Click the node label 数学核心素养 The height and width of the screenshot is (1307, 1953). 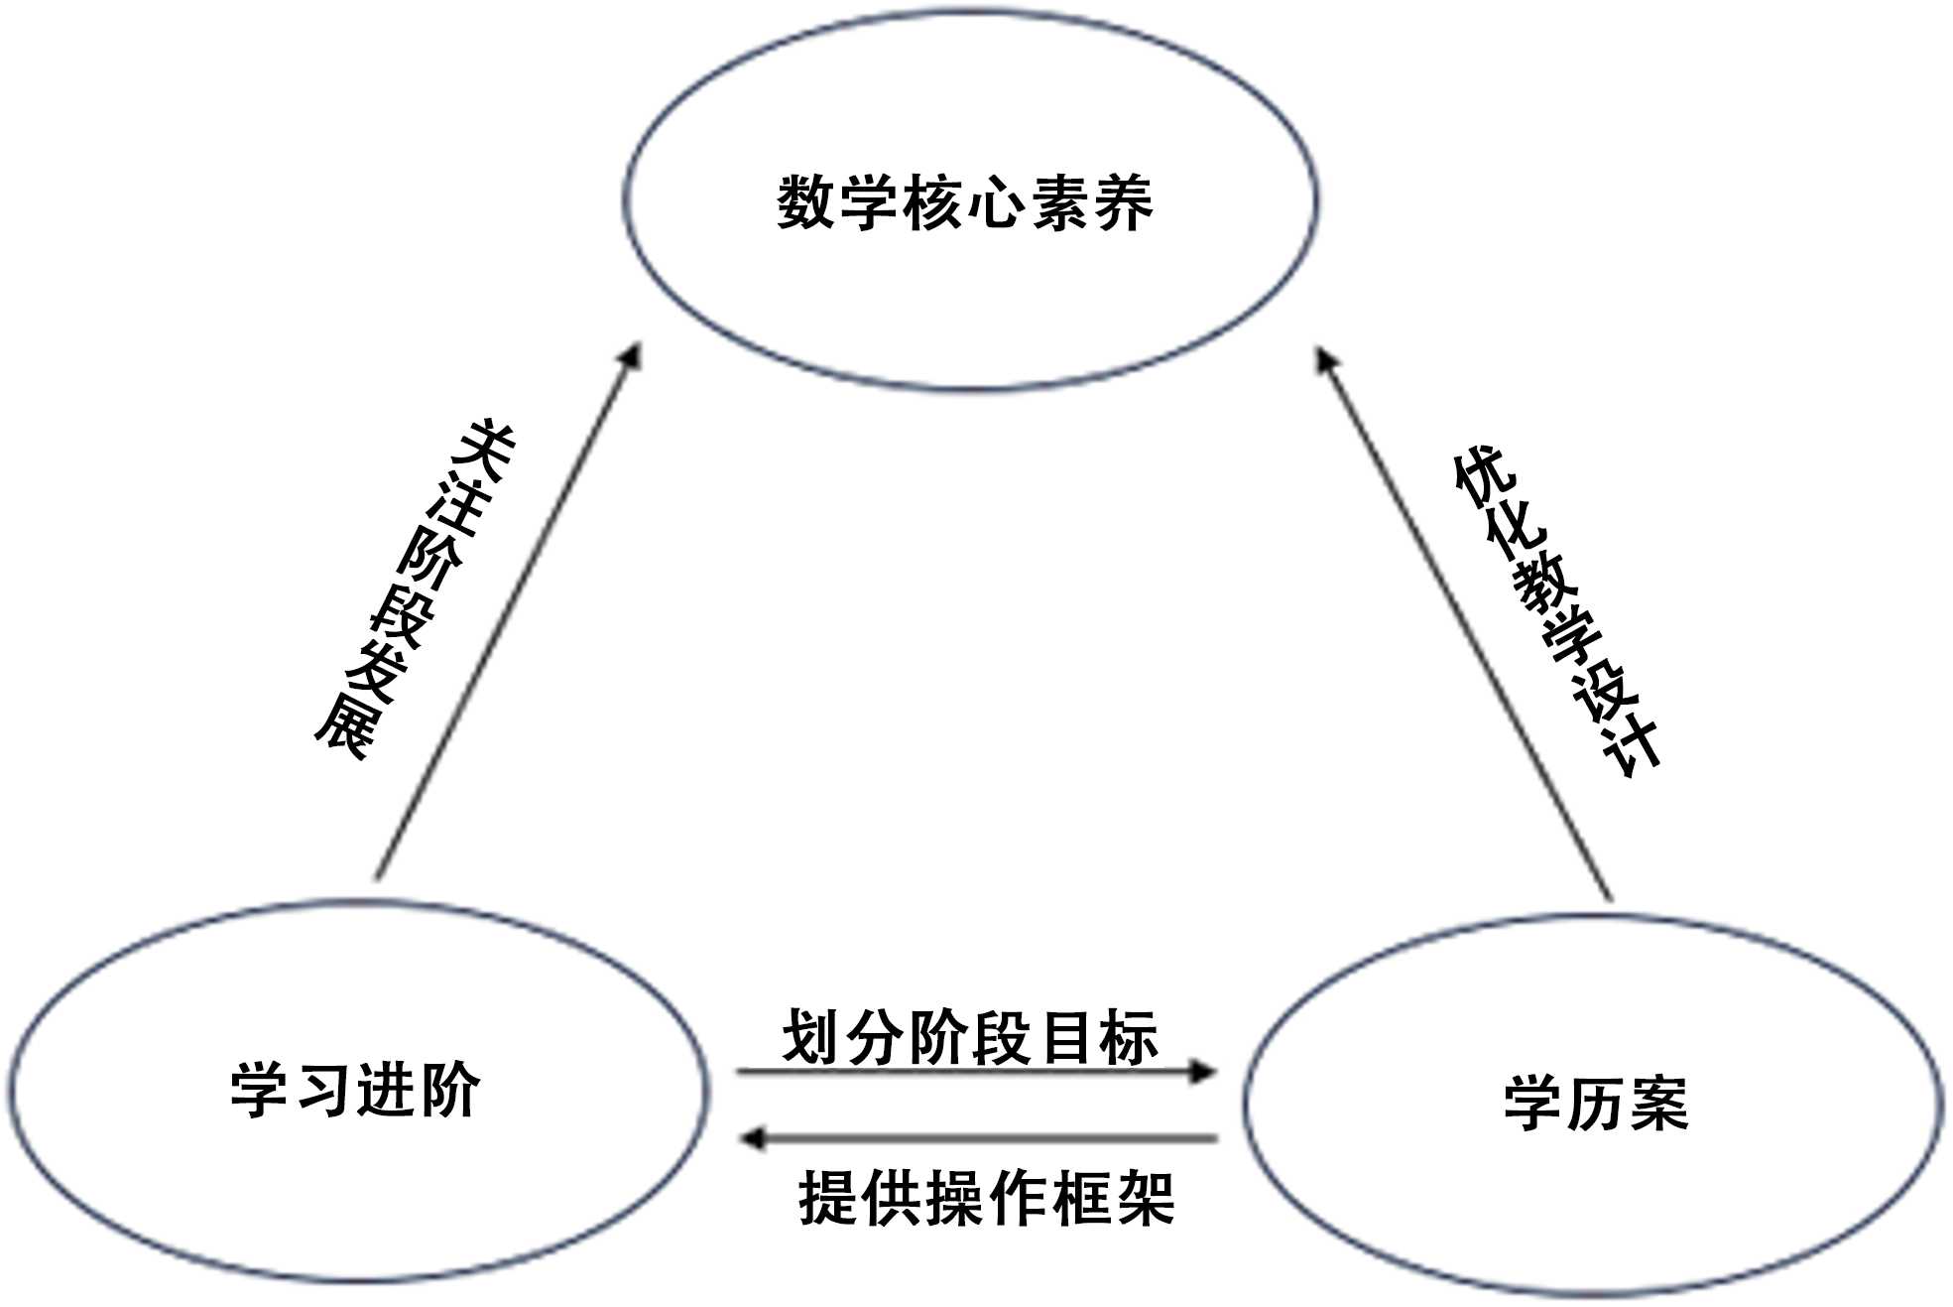pyautogui.click(x=964, y=202)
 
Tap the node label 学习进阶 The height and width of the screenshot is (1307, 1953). pyautogui.click(x=355, y=1090)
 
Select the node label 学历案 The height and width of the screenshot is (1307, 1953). pyautogui.click(x=1596, y=1103)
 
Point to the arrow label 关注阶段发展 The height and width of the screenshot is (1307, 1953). pyautogui.click(x=415, y=589)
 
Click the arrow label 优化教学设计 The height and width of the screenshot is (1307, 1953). pyautogui.click(x=1556, y=610)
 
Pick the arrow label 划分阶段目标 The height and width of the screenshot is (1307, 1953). pyautogui.click(x=970, y=1038)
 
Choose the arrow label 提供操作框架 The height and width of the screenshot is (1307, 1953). pyautogui.click(x=986, y=1198)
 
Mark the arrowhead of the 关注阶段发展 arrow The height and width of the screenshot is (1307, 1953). pyautogui.click(x=632, y=356)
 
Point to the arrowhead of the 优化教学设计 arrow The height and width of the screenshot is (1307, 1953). pyautogui.click(x=1326, y=359)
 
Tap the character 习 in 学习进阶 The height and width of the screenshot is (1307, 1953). pyautogui.click(x=323, y=1090)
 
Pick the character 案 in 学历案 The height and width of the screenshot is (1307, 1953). pyautogui.click(x=1658, y=1103)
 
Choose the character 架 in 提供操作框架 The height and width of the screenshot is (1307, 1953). pyautogui.click(x=1145, y=1198)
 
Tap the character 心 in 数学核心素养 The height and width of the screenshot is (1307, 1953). pyautogui.click(x=996, y=202)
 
